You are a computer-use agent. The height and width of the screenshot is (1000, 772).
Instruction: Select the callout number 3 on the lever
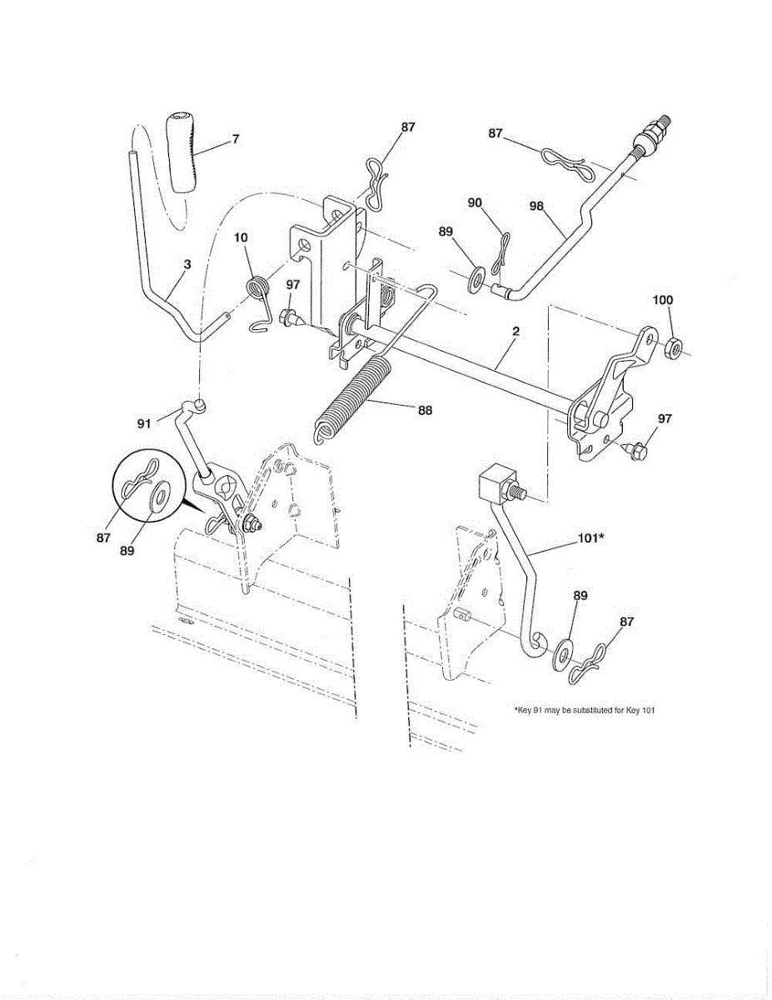click(x=187, y=264)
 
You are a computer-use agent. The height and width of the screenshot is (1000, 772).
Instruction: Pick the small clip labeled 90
click(x=501, y=253)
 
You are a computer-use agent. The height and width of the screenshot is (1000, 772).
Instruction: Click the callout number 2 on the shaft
click(x=515, y=332)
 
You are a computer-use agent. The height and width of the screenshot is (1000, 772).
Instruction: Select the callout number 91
click(x=144, y=423)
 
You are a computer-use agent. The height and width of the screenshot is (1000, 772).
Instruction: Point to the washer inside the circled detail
click(x=157, y=498)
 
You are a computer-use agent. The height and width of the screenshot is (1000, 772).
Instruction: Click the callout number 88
click(x=425, y=410)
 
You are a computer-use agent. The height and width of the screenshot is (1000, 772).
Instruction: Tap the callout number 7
click(x=236, y=140)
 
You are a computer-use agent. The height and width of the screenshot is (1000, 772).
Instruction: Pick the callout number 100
click(x=663, y=299)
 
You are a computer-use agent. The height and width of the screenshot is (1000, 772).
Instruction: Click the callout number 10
click(x=241, y=237)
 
